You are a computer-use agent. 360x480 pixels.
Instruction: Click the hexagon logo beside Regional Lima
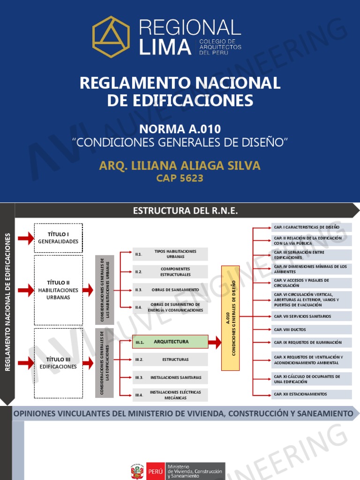point(111,37)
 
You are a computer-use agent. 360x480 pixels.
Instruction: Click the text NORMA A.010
point(180,129)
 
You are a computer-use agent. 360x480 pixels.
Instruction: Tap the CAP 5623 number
point(180,178)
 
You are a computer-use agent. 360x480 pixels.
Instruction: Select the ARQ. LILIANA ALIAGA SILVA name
point(180,166)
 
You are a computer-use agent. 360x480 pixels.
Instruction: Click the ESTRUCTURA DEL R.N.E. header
point(186,211)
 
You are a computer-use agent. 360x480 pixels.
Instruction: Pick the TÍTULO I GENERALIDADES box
point(59,238)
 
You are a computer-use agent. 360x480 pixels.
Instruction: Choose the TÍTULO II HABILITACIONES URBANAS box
point(59,290)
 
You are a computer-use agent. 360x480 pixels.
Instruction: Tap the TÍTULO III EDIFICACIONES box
point(59,363)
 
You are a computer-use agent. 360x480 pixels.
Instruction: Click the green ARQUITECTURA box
point(170,342)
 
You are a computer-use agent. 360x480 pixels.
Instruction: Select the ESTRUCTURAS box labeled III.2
point(170,360)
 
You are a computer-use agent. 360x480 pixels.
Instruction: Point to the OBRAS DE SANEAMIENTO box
point(170,290)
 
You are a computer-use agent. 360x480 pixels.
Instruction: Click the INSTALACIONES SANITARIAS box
point(170,377)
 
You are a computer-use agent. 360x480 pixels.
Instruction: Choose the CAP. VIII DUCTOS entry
point(311,330)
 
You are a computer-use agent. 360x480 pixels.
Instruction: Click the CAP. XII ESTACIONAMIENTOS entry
point(311,394)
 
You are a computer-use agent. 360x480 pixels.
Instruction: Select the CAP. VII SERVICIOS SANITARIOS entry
point(311,316)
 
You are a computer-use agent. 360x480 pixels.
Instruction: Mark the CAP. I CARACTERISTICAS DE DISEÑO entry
point(311,227)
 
